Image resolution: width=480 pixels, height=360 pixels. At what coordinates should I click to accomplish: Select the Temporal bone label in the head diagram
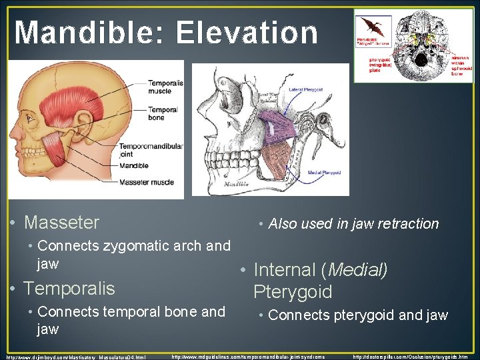[163, 113]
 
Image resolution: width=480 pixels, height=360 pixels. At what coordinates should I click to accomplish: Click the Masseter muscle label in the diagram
[147, 182]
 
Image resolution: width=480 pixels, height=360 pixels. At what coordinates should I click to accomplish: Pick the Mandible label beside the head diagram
[134, 165]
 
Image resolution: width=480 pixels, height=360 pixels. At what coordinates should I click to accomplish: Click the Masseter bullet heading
[61, 223]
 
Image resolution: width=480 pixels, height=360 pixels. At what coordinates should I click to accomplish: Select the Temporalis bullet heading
[69, 289]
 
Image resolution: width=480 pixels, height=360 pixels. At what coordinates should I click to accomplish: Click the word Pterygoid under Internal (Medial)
[293, 292]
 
